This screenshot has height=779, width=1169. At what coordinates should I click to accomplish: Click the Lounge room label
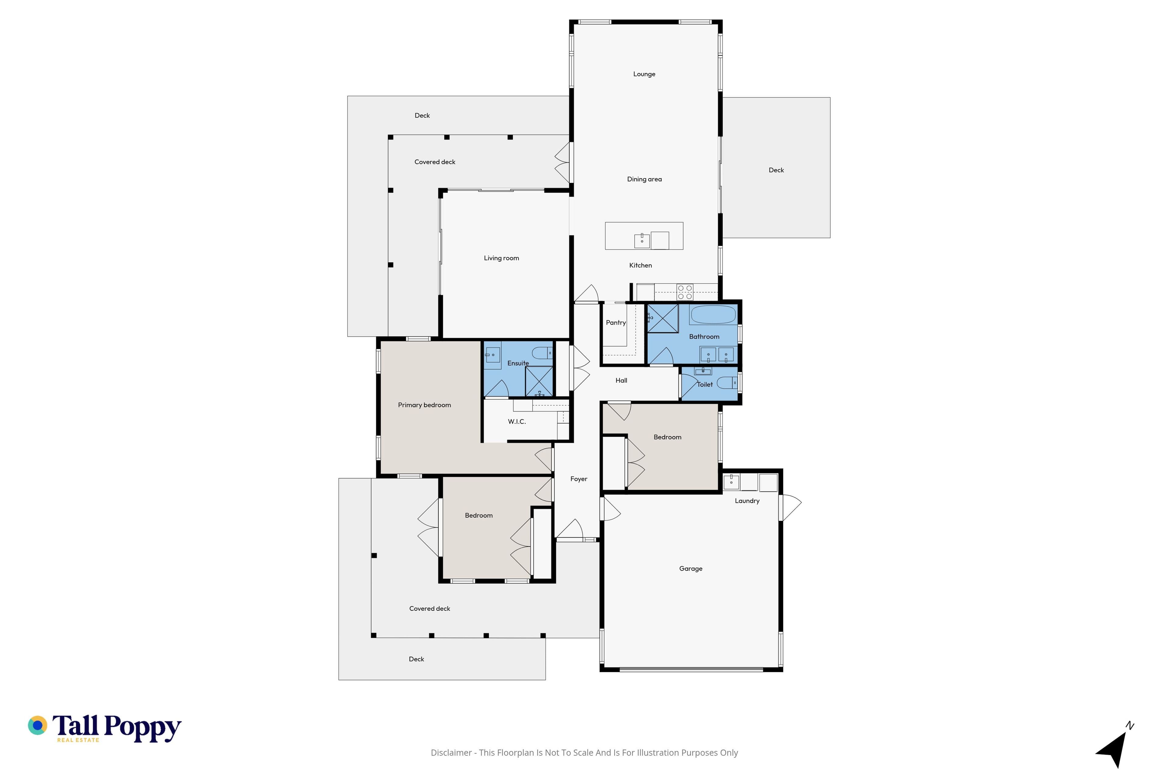pos(644,74)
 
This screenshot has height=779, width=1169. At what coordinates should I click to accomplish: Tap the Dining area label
pos(644,179)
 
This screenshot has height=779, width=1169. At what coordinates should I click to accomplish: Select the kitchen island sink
pos(642,240)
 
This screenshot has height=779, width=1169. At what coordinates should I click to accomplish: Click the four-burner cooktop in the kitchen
pos(685,292)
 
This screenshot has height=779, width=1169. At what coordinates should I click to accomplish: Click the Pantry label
pos(616,323)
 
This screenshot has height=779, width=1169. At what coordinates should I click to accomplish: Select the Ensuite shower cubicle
pos(539,382)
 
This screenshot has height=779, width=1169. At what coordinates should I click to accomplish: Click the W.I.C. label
pos(517,422)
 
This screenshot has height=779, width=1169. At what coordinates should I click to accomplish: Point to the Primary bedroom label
pos(424,405)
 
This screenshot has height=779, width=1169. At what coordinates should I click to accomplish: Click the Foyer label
pos(578,479)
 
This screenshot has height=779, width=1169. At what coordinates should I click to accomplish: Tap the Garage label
pos(691,568)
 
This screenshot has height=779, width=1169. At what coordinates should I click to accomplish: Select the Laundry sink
pos(731,482)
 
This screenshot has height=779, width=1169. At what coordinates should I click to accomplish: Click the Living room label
pos(501,258)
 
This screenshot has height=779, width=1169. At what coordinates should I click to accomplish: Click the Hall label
pos(621,381)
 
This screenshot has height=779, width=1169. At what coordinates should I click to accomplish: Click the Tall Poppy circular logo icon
pos(37,725)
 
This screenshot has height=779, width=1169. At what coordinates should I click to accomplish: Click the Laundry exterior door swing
pos(791,507)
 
